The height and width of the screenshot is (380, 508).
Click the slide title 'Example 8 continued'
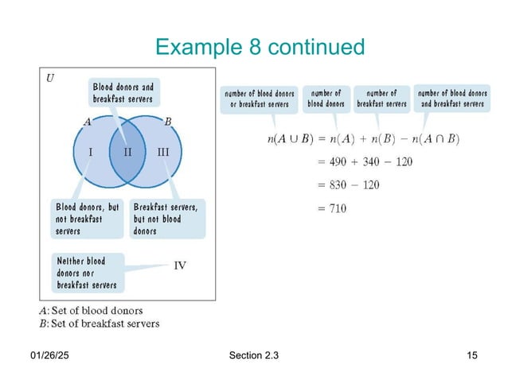tap(260, 48)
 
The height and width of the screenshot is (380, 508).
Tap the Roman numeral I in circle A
tap(90, 151)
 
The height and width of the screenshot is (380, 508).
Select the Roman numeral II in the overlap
tap(127, 151)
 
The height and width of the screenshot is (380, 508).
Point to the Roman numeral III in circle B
tap(162, 151)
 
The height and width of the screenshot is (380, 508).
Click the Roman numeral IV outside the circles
tap(180, 266)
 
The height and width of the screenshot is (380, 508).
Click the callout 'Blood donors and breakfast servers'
tap(122, 92)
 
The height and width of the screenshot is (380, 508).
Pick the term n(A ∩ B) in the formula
tap(436, 139)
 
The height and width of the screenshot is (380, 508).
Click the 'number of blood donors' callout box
tap(326, 99)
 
